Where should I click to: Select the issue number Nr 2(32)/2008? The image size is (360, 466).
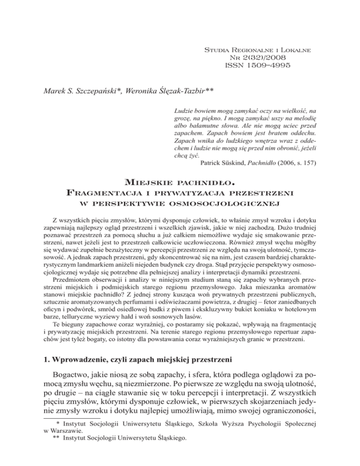coord(256,57)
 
